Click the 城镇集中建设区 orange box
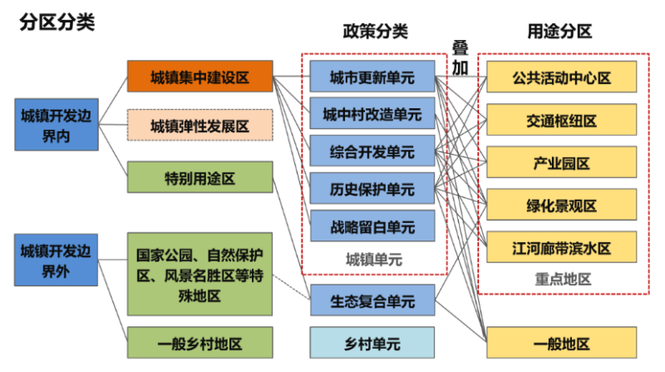199,77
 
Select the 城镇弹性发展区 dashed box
199,126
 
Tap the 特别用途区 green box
199,177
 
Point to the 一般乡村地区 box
199,343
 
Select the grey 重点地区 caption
562,279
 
